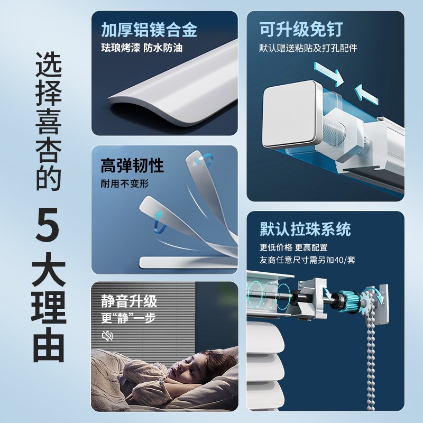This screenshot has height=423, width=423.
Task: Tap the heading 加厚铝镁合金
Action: (x=149, y=30)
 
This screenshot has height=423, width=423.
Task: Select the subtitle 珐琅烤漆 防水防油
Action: (x=142, y=48)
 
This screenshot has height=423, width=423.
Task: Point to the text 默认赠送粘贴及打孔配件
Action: (x=308, y=48)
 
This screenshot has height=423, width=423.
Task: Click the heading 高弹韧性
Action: (x=132, y=167)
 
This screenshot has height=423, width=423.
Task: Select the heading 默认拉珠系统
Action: (x=305, y=229)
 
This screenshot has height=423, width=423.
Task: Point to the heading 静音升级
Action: (x=129, y=302)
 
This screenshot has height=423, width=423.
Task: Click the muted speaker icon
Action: (x=107, y=335)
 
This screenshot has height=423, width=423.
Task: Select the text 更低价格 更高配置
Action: (x=293, y=247)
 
